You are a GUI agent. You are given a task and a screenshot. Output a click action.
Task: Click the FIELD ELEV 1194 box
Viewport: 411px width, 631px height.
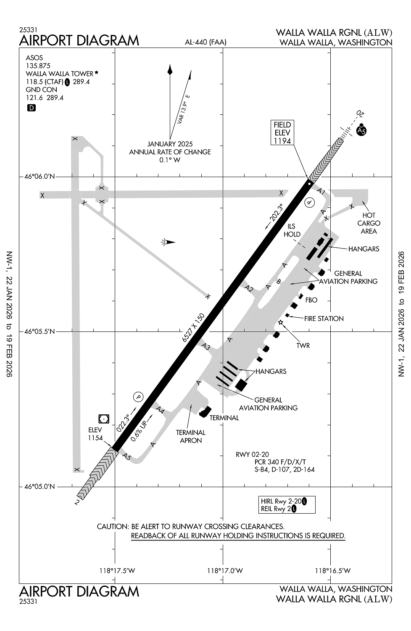click(x=282, y=133)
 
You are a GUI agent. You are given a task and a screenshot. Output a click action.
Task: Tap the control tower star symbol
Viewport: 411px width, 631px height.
click(x=281, y=323)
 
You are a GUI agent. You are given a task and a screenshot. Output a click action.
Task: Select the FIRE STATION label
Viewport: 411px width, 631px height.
click(x=324, y=319)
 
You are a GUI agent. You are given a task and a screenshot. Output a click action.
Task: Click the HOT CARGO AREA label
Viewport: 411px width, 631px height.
click(x=369, y=223)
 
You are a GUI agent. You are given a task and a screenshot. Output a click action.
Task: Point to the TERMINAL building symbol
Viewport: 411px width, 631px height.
click(x=205, y=412)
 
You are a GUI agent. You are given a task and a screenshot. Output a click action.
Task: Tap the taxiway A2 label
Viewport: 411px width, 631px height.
click(x=249, y=289)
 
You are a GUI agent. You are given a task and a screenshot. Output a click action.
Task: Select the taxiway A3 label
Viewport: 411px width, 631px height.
click(x=205, y=347)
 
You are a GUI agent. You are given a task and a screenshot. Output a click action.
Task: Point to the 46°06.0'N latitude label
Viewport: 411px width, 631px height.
click(x=39, y=177)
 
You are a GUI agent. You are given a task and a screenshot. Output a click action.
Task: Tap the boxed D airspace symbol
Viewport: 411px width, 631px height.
click(x=31, y=108)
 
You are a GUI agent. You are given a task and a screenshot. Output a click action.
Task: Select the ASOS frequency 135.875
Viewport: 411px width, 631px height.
click(x=38, y=66)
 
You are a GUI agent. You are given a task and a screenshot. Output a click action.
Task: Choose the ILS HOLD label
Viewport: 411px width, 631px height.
click(x=292, y=231)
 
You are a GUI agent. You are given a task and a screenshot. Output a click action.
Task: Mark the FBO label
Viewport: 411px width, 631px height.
click(x=311, y=300)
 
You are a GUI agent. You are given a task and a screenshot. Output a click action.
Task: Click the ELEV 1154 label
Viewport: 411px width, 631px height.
click(x=95, y=434)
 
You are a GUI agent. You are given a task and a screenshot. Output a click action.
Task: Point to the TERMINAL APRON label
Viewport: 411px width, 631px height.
click(x=191, y=437)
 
